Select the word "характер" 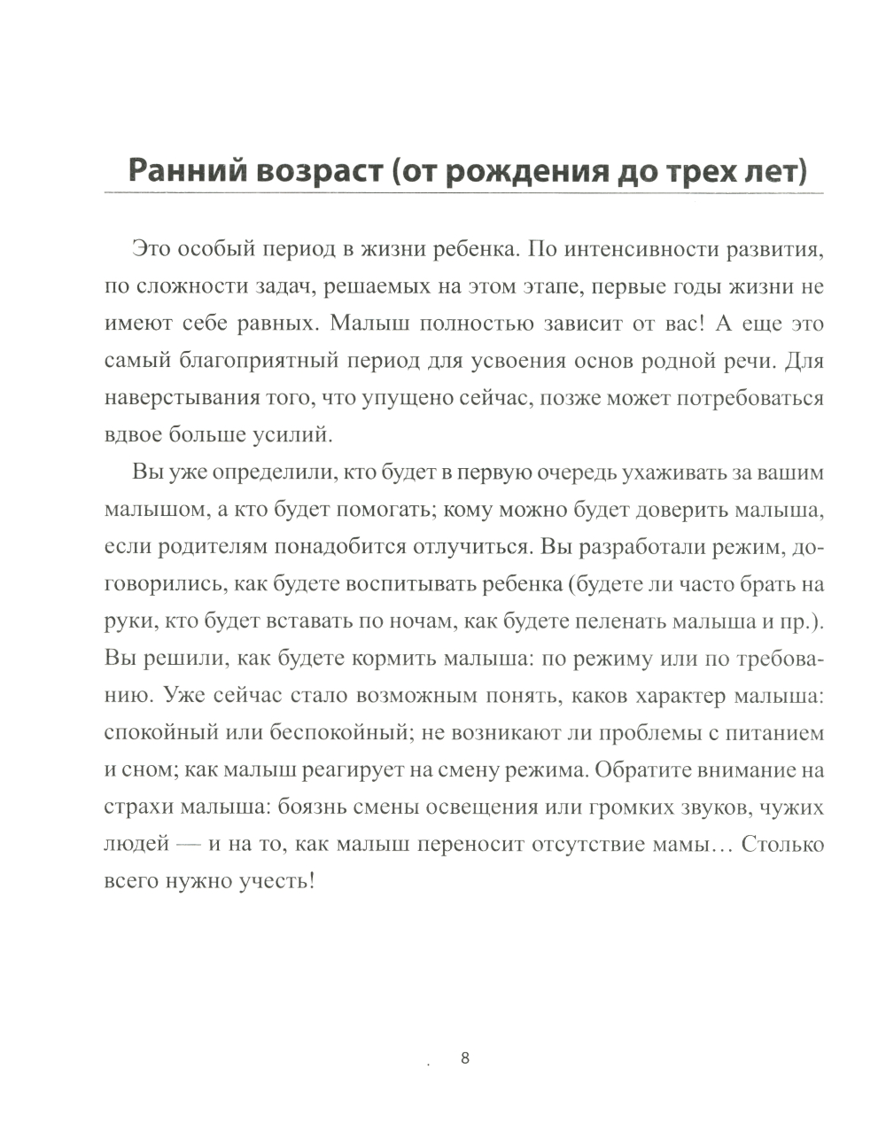click(x=678, y=696)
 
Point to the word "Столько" click(x=783, y=845)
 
